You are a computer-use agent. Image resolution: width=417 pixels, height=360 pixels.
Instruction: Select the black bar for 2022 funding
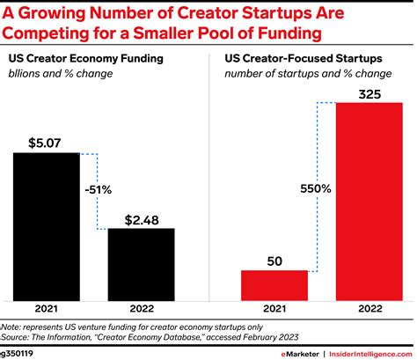[141, 263]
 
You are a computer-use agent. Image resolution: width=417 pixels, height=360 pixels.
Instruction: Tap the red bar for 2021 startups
[274, 284]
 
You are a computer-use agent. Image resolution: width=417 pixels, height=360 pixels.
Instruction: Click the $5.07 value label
[46, 141]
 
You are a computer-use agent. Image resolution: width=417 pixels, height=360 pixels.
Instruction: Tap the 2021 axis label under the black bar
[46, 310]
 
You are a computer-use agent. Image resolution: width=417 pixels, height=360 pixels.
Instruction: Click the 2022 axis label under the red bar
[369, 310]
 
